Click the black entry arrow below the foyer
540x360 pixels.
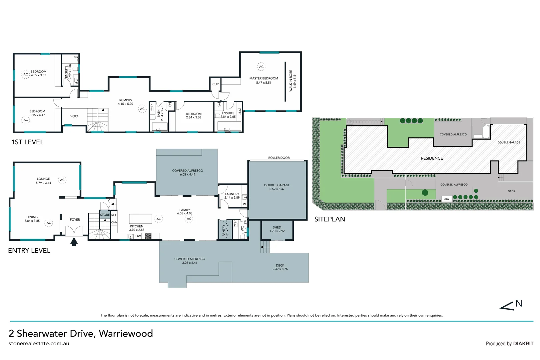coord(74,242)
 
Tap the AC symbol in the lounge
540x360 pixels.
coord(62,180)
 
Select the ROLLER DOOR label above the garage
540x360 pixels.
coord(279,158)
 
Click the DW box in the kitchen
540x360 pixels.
coord(138,236)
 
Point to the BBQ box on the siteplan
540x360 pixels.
coord(446,199)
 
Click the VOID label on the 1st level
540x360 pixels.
coord(74,116)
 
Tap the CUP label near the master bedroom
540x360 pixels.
coord(216,84)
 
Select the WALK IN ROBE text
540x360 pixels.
coord(291,81)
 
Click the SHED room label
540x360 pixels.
coord(277,227)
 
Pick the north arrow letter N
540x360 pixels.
coord(519,303)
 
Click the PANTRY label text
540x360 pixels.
coord(224,230)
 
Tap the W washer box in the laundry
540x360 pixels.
coord(245,204)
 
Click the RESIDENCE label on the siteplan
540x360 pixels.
coord(432,158)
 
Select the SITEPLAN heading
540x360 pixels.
coord(329,219)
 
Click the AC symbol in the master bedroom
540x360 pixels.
coord(261,67)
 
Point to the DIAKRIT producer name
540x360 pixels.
coord(523,344)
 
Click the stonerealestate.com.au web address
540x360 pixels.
coord(39,343)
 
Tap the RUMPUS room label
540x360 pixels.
coord(126,100)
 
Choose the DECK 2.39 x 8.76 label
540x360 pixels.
coord(280,267)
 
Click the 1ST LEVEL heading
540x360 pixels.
coord(27,142)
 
